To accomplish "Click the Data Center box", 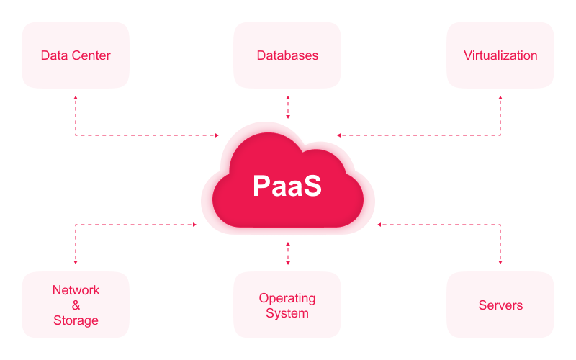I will [76, 55].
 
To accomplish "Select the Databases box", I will [287, 55].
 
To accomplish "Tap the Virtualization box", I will [500, 55].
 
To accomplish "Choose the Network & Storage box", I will [76, 305].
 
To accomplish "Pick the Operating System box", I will [287, 305].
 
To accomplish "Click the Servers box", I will [500, 305].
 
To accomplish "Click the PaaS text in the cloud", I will [287, 185].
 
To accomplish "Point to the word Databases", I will [287, 55].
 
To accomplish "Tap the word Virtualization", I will [500, 55].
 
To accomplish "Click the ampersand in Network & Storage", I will [76, 305].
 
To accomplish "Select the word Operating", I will [287, 298].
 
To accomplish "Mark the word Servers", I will [500, 305].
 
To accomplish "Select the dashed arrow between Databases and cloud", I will [288, 107].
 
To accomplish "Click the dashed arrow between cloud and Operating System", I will [288, 253].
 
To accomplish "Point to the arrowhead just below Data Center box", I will [76, 97].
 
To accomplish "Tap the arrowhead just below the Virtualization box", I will [500, 97].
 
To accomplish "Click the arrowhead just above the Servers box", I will [500, 262].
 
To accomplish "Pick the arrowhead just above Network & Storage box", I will [76, 262].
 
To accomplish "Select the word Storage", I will [76, 320].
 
